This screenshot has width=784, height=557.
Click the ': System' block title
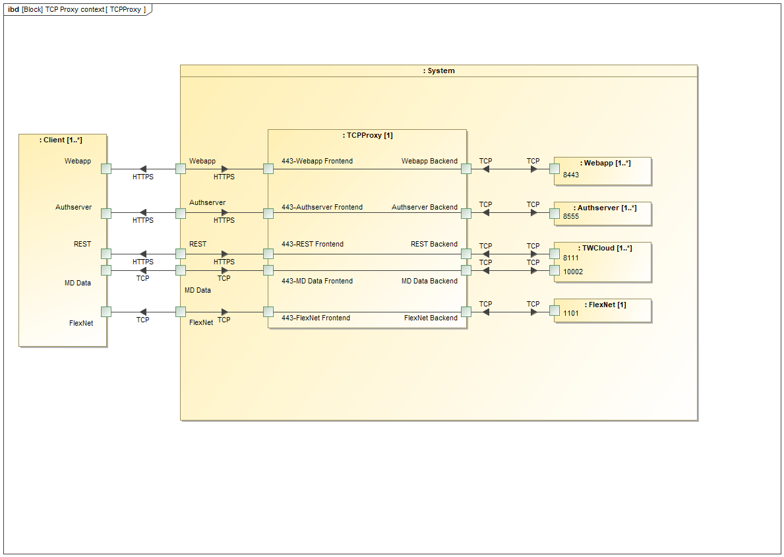[438, 71]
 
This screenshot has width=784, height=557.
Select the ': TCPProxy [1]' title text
[367, 135]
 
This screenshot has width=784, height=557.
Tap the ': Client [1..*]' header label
[63, 140]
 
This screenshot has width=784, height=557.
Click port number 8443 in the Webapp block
[571, 175]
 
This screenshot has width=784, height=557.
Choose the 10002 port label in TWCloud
[573, 271]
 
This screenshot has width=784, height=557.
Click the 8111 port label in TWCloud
[571, 258]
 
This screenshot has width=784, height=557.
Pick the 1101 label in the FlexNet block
[571, 314]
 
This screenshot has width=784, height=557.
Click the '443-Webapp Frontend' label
[317, 161]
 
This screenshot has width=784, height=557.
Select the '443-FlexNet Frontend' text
[316, 318]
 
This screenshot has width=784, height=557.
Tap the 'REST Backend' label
[434, 244]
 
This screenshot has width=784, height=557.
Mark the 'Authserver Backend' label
[425, 207]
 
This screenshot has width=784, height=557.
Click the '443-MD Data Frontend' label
[317, 281]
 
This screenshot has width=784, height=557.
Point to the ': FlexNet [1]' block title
[605, 305]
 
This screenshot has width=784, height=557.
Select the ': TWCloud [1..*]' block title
[605, 248]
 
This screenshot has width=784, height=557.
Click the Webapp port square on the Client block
[106, 169]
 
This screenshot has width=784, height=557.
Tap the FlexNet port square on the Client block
[106, 312]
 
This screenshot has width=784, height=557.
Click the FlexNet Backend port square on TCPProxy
[466, 312]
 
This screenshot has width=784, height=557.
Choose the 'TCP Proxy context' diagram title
[75, 10]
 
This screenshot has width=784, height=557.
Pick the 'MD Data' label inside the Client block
[78, 283]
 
